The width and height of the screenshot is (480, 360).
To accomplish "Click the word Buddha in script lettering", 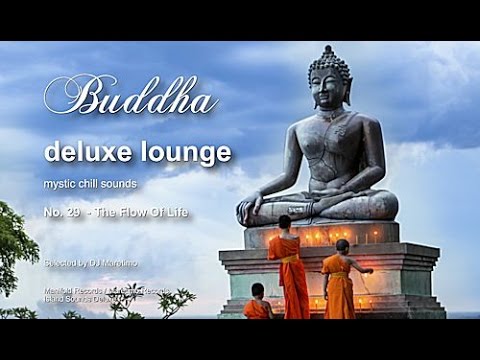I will tap(130, 97).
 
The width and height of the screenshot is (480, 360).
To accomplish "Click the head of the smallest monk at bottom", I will tap(259, 292).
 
